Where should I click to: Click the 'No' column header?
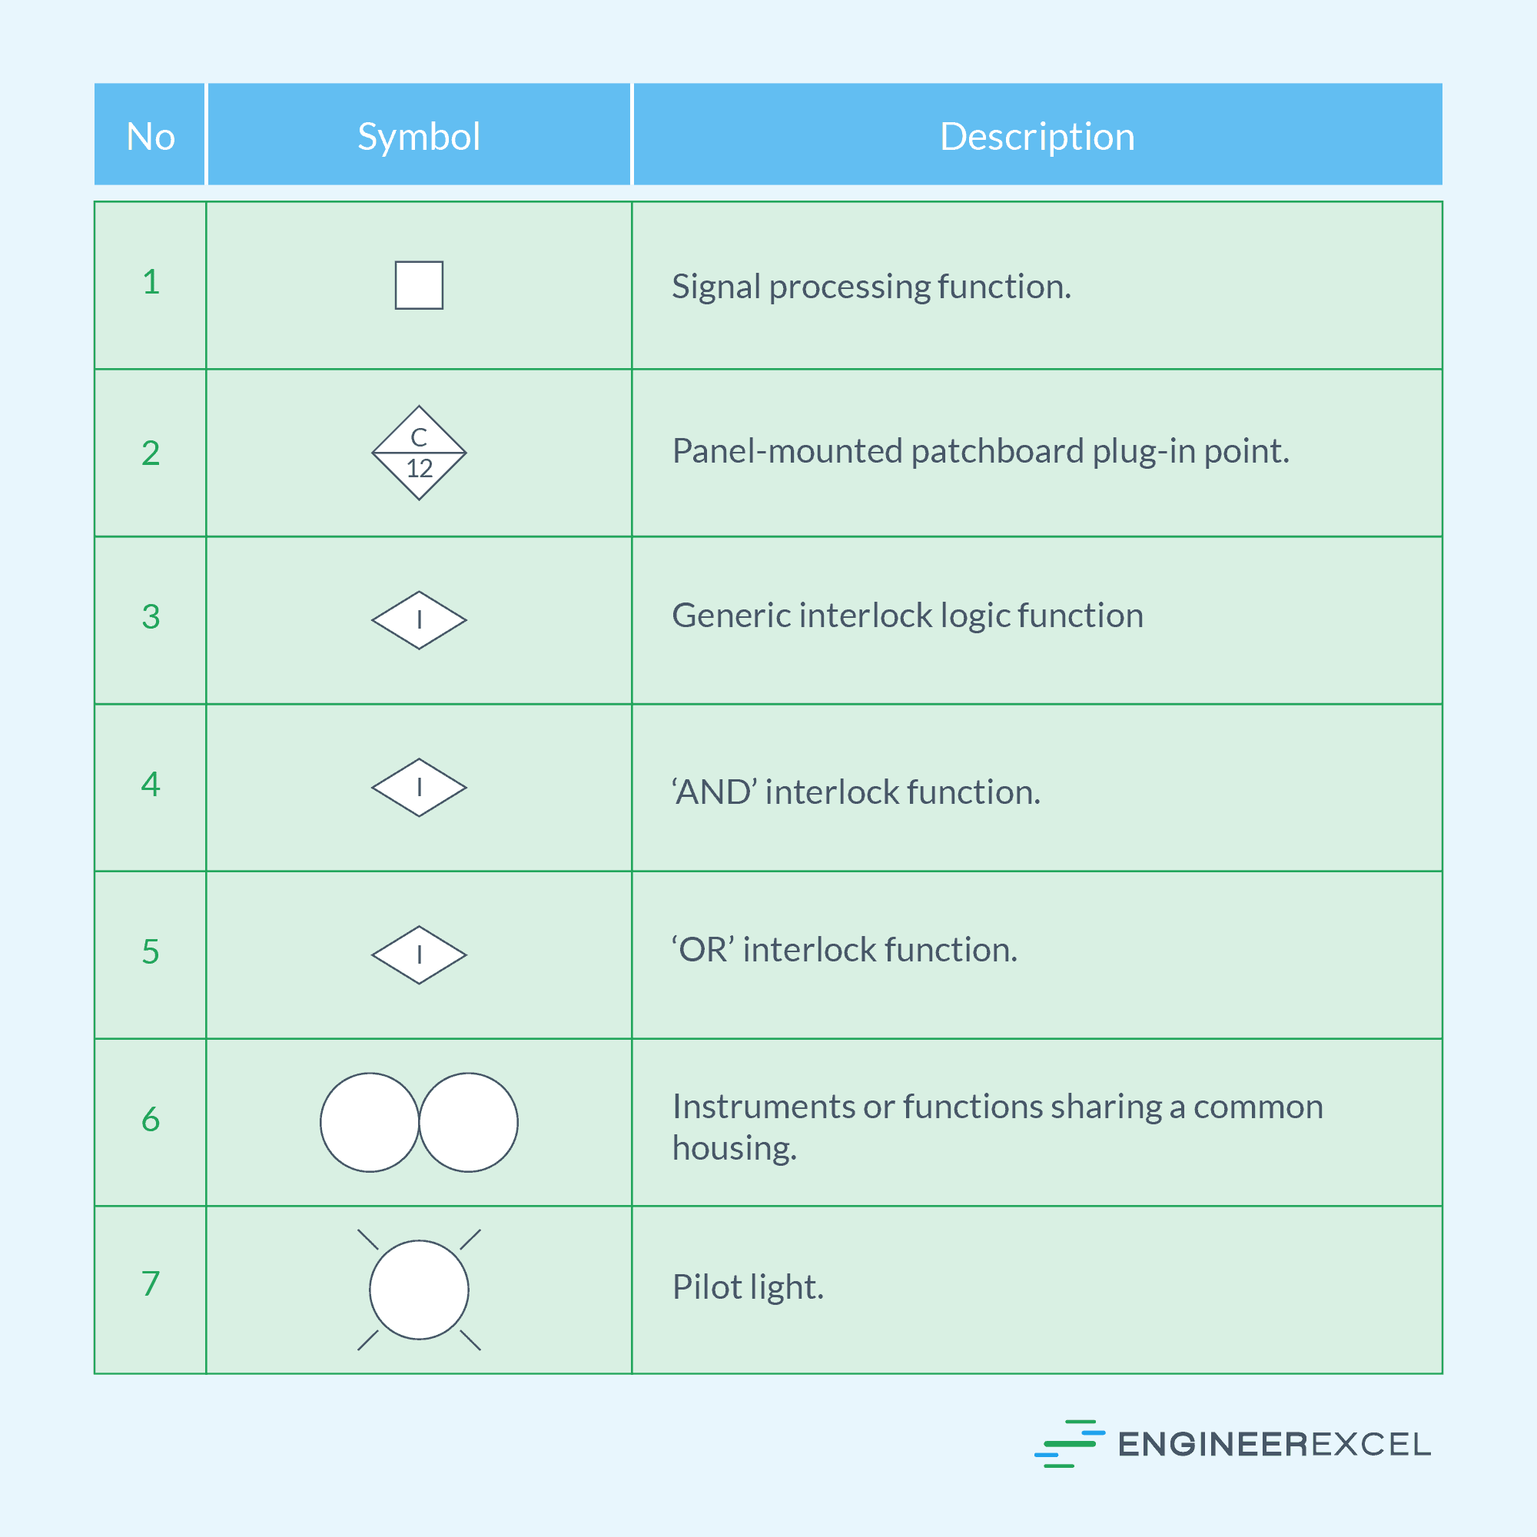pyautogui.click(x=151, y=137)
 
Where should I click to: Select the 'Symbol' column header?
pyautogui.click(x=419, y=137)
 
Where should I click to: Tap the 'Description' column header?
pyautogui.click(x=1037, y=137)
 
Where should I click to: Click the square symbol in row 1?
pyautogui.click(x=419, y=285)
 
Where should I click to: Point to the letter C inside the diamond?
pyautogui.click(x=419, y=437)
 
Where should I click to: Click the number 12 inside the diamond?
pyautogui.click(x=420, y=469)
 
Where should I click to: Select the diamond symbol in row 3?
pyautogui.click(x=419, y=619)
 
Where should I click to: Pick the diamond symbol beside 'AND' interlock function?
pyautogui.click(x=419, y=787)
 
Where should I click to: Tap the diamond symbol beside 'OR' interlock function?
pyautogui.click(x=419, y=954)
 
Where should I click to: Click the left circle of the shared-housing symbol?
pyautogui.click(x=369, y=1122)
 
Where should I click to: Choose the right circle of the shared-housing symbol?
pyautogui.click(x=469, y=1122)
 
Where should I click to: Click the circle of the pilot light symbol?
pyautogui.click(x=419, y=1289)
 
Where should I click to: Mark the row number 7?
pyautogui.click(x=151, y=1283)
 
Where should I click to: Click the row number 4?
pyautogui.click(x=151, y=785)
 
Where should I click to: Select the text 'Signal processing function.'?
pyautogui.click(x=871, y=287)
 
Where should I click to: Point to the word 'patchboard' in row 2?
pyautogui.click(x=997, y=451)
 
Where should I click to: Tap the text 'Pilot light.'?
pyautogui.click(x=748, y=1287)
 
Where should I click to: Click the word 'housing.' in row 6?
pyautogui.click(x=734, y=1148)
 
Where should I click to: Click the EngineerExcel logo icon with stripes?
pyautogui.click(x=1068, y=1443)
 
